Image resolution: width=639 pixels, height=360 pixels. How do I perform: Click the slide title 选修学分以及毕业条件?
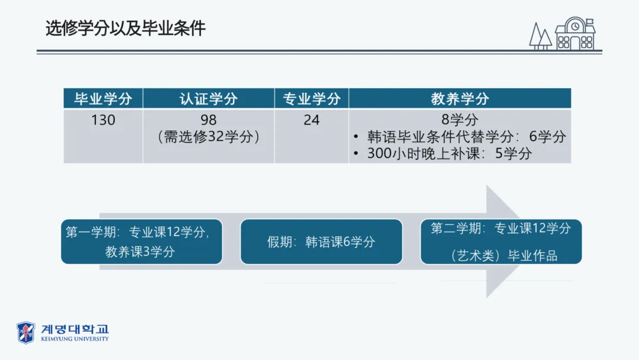pos(125,28)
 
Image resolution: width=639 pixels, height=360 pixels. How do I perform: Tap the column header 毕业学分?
pos(103,98)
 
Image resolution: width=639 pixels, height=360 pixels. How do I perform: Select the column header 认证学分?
pos(208,98)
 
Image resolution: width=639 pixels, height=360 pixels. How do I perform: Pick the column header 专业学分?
pos(311,98)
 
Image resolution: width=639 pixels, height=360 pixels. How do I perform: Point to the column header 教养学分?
pos(460,98)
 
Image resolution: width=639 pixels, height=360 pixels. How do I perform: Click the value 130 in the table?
pos(103,120)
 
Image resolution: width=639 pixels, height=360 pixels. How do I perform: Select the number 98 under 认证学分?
pos(208,120)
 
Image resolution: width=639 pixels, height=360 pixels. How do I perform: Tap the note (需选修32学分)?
pos(208,137)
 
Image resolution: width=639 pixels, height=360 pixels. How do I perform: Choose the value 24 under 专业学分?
pos(311,120)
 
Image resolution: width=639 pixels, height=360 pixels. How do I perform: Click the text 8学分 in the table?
pos(460,120)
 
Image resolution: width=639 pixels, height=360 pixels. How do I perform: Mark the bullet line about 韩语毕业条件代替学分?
pos(460,137)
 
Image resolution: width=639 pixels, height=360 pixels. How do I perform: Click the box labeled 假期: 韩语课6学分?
pos(321,242)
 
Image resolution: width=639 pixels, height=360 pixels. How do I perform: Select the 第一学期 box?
pos(141,242)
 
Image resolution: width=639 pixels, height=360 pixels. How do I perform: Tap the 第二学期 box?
pos(501,242)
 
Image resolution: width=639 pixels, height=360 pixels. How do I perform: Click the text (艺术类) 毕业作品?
pos(501,256)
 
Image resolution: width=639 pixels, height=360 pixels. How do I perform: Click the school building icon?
pos(574,34)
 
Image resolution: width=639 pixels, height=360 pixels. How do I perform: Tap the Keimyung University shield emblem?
pos(25,332)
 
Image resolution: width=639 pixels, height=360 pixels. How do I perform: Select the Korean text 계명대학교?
pos(75,329)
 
